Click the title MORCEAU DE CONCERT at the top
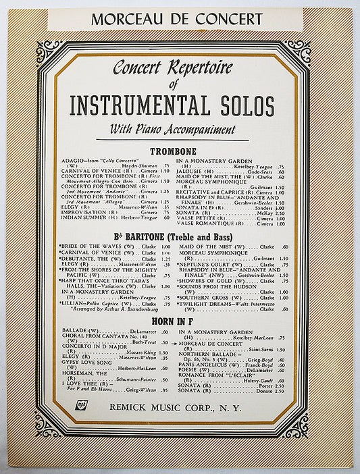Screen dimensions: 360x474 pos(176,18)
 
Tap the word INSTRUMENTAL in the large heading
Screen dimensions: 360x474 pos(144,105)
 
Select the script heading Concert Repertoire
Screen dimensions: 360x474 pos(172,68)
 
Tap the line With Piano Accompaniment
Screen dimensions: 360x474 pos(174,129)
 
